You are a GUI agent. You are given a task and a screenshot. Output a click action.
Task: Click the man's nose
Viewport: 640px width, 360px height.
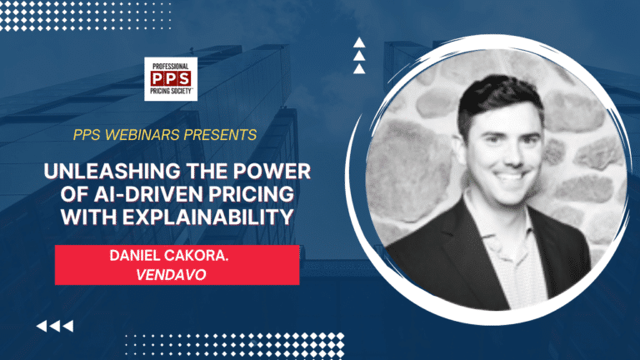tap(502, 155)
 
